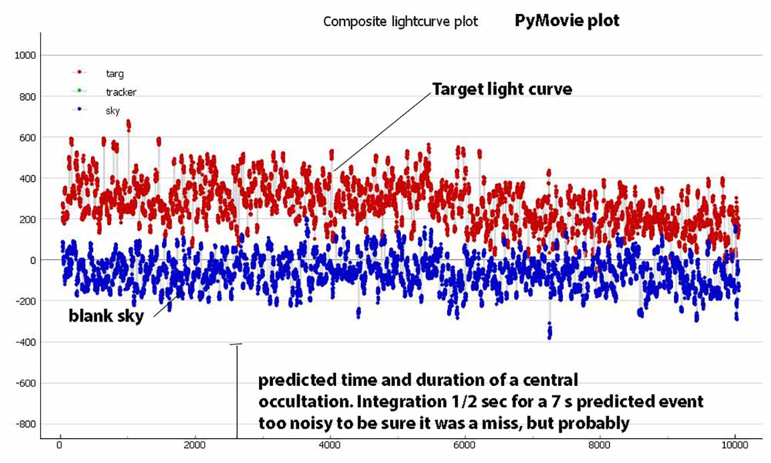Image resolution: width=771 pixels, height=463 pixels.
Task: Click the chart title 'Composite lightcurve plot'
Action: click(400, 21)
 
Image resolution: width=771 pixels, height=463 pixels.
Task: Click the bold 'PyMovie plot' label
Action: click(567, 21)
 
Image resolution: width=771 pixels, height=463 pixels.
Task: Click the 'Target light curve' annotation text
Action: click(502, 89)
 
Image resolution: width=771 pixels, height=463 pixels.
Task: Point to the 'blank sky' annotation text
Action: click(106, 316)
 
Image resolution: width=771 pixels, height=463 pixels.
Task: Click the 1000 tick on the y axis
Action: click(25, 55)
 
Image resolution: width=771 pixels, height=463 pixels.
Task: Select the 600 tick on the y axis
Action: click(28, 138)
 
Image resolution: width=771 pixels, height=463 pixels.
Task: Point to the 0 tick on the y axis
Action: click(33, 260)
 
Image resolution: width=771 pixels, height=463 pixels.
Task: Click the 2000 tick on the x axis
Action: click(195, 446)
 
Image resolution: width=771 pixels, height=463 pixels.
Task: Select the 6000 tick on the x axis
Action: click(464, 446)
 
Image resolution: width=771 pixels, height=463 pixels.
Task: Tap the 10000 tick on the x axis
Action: click(735, 446)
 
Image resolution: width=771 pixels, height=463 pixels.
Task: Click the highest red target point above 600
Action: click(128, 123)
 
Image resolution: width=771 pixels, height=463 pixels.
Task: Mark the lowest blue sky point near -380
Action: click(549, 336)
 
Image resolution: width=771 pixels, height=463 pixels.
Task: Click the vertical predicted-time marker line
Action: click(236, 392)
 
